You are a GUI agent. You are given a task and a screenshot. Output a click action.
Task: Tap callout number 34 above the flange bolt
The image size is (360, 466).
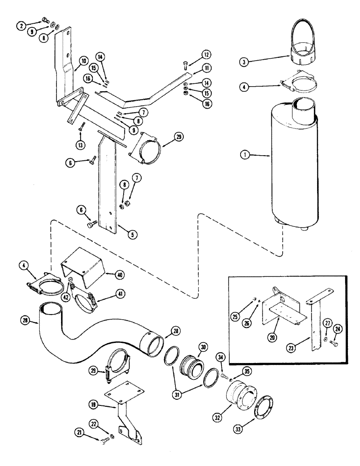click(221, 357)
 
